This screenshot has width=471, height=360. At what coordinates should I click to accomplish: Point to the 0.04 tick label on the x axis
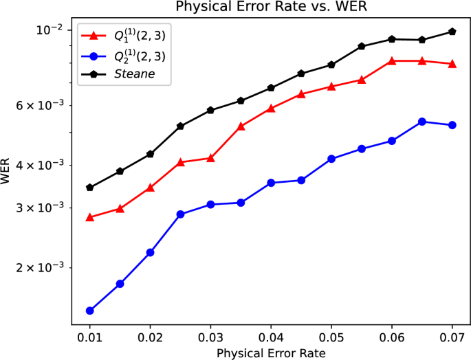[x=271, y=337]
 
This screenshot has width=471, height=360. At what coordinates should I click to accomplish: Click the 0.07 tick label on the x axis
[x=452, y=337]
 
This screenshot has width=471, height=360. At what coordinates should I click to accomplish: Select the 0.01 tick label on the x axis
[x=90, y=337]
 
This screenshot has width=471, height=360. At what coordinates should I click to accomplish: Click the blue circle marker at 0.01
[x=90, y=311]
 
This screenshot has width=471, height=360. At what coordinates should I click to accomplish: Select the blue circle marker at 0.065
[x=422, y=122]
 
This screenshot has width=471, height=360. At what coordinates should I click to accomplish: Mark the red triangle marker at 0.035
[x=241, y=126]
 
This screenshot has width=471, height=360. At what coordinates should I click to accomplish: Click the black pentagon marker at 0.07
[x=452, y=31]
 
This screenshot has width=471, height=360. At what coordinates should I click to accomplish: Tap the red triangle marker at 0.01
[x=90, y=217]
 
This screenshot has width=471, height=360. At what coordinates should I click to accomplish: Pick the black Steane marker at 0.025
[x=180, y=126]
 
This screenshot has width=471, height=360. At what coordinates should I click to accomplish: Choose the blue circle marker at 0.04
[x=271, y=183]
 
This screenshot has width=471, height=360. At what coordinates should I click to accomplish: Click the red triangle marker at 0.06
[x=392, y=61]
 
